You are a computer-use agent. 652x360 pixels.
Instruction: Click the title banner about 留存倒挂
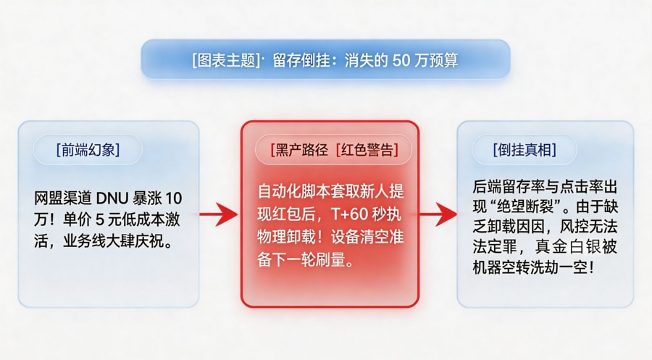coord(325,59)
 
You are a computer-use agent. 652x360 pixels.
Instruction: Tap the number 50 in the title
coord(403,60)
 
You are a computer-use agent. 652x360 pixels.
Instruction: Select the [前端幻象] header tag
coord(88,150)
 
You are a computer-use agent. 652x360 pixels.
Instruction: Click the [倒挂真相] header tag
coord(524,150)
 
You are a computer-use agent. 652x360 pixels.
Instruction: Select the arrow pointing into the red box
coord(218,214)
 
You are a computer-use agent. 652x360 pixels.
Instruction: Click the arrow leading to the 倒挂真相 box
coord(438,214)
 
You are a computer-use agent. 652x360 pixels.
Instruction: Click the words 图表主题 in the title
coord(226,60)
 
